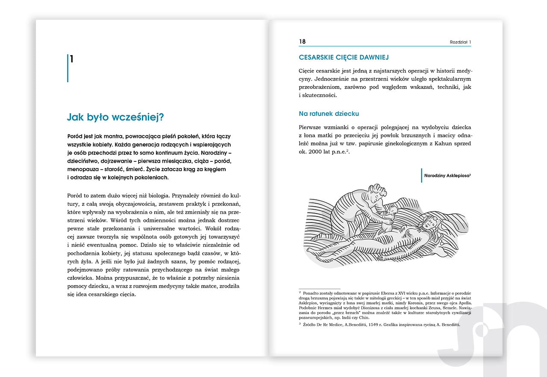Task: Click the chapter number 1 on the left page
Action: pos(72,59)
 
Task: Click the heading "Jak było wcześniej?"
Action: pos(116,117)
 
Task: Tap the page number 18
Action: pos(303,42)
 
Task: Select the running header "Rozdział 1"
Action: pos(460,42)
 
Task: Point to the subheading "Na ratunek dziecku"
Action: pos(329,114)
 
